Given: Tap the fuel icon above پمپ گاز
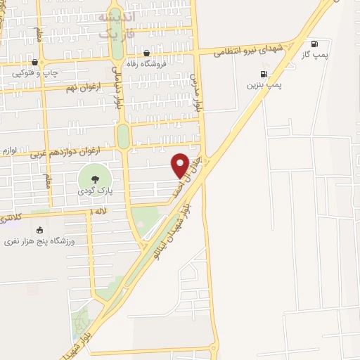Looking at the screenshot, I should [x=314, y=43].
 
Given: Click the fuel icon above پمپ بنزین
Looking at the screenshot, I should [x=264, y=74].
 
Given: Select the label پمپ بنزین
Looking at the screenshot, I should [x=264, y=84].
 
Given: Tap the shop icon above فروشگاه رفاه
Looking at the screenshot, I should [x=146, y=53].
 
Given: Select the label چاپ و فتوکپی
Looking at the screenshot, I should [x=33, y=72].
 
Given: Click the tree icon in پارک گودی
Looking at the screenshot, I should [x=94, y=178].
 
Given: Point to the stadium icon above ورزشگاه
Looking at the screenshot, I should [x=39, y=230].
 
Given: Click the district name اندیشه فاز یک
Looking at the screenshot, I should [x=115, y=25].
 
